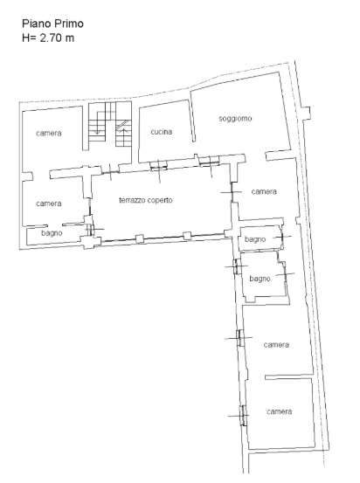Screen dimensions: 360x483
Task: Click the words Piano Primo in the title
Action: (52, 24)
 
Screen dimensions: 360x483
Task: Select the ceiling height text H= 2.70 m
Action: (48, 38)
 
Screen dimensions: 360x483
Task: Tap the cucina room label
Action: (161, 132)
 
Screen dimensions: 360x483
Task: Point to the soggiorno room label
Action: (235, 118)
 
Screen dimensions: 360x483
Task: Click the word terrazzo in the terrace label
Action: (132, 200)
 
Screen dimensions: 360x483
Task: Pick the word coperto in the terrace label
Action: (160, 201)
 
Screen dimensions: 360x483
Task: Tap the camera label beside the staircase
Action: (49, 134)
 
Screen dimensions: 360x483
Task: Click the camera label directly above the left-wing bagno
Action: (49, 204)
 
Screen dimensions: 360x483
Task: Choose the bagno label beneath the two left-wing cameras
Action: (52, 233)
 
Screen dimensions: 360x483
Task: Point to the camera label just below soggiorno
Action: (264, 191)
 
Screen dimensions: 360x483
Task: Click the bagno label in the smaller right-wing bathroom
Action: (255, 239)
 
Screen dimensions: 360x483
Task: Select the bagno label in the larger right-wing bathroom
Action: (260, 279)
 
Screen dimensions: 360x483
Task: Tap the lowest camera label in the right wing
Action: (280, 411)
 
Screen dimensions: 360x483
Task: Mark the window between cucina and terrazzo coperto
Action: (159, 166)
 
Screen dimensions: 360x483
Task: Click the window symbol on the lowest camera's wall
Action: (244, 416)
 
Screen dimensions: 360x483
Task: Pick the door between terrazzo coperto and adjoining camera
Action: (232, 192)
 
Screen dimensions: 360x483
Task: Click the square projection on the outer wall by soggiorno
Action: (306, 113)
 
